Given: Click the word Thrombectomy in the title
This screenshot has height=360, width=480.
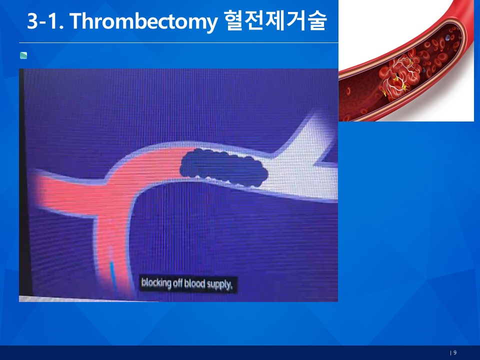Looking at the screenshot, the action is coord(143,21).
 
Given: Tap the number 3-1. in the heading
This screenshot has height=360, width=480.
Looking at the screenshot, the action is coord(45,21).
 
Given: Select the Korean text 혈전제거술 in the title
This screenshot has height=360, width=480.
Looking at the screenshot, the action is coord(275,20).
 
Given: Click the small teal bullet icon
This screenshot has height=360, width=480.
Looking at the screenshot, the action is coord(23,55).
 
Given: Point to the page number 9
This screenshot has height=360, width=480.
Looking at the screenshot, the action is coord(455,352).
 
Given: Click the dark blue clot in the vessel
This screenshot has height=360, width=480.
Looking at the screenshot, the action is coord(223,167).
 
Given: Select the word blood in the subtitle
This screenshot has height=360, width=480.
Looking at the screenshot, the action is coord(194,284).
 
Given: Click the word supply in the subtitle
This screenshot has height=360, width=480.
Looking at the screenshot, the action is coord(219,284).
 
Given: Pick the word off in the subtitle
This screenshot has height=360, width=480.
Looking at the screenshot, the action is coord(177,283).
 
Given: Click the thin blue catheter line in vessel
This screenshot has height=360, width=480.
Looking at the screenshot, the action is coord(113,276).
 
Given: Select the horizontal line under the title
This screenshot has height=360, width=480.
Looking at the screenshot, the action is coord(178,43).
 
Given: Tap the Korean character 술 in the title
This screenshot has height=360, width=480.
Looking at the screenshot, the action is coord(317,20).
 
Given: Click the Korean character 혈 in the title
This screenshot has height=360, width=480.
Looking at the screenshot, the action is coord(234,20).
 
